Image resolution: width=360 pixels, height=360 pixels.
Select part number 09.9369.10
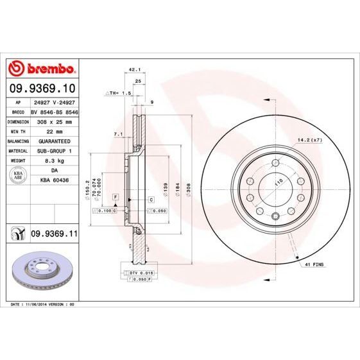point(42,87)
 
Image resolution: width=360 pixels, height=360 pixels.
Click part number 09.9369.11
point(54,236)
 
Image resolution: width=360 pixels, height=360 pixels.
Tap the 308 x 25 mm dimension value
point(53,121)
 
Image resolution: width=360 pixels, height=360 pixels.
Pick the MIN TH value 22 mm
point(53,131)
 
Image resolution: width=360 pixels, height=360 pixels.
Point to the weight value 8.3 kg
point(53,160)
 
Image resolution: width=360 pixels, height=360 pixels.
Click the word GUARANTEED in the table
point(53,141)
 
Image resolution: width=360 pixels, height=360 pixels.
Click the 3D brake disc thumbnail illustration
point(42,270)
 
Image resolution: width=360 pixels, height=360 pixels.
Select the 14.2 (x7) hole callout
point(308,139)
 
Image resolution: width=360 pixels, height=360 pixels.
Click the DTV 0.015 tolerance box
point(138,273)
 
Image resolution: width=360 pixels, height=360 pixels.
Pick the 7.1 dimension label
point(117,133)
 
